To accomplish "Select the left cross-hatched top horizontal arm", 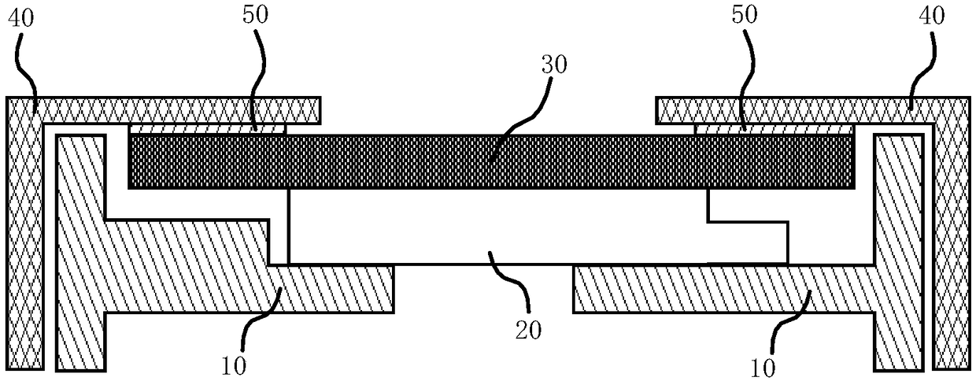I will pos(181,109).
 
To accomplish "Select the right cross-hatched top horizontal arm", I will pos(795,109).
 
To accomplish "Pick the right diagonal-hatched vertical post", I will pos(898,252).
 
